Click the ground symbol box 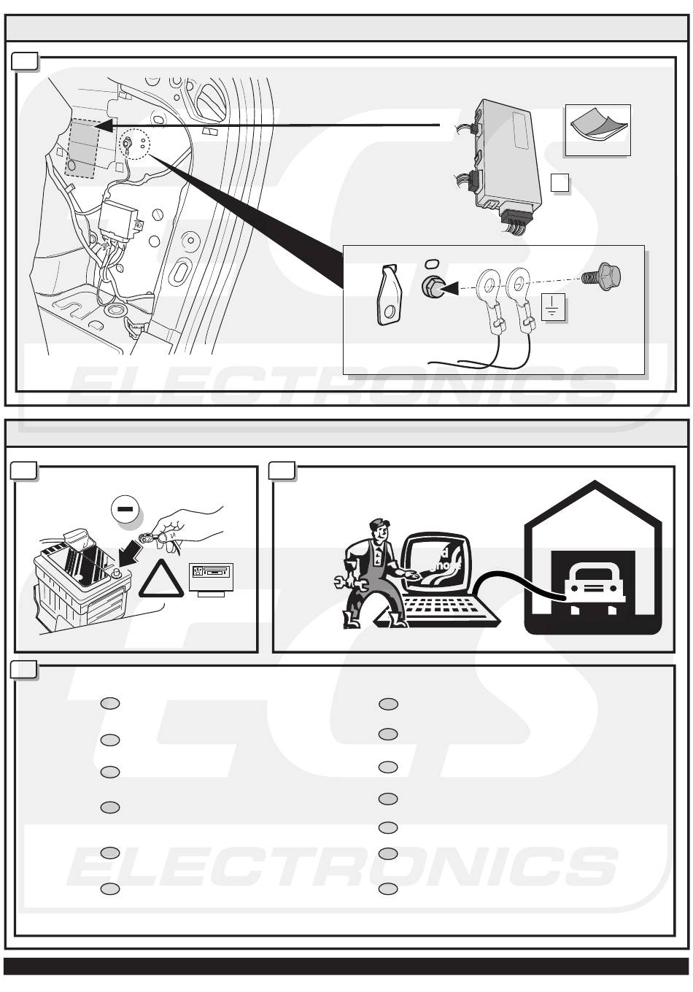[553, 309]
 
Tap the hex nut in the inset [432, 287]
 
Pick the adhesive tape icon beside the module [597, 129]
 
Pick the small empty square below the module [560, 182]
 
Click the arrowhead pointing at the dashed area [104, 126]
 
